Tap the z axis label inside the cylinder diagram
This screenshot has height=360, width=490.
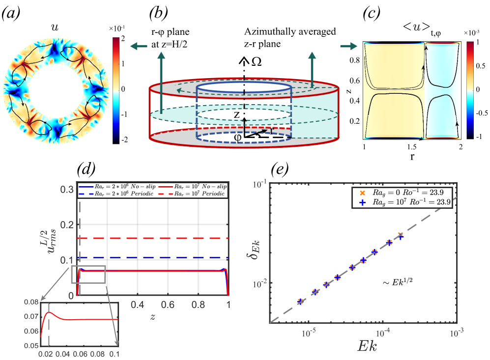(x=236, y=115)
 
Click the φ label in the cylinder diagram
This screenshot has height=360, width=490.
(x=237, y=138)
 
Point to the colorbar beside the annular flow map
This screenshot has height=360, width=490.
(x=116, y=90)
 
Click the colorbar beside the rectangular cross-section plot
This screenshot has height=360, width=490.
(x=470, y=90)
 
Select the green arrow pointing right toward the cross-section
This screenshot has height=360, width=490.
(x=349, y=46)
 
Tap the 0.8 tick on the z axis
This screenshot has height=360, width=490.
(x=199, y=305)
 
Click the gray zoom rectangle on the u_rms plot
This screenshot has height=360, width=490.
(x=88, y=274)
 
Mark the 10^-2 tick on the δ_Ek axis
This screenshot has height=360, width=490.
(x=259, y=283)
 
